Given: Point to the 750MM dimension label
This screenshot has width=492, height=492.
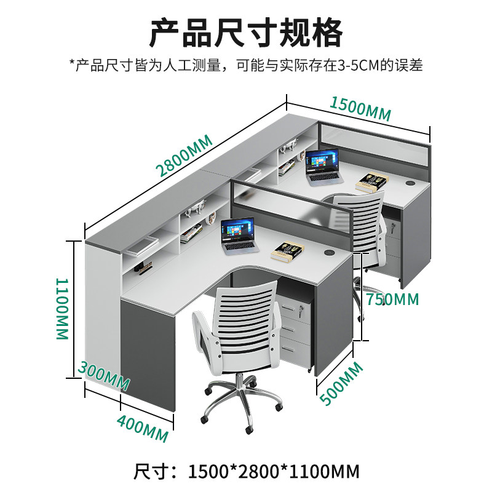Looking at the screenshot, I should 392,300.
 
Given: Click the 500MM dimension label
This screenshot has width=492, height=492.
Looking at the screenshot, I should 341,383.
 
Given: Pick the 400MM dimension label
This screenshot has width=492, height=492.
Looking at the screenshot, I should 142,426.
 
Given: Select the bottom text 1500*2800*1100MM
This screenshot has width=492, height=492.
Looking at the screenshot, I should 273,472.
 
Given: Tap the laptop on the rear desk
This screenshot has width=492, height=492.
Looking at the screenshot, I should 323,165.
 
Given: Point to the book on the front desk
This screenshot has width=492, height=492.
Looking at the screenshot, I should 288,249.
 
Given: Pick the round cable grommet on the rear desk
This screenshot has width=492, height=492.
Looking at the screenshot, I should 411,182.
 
